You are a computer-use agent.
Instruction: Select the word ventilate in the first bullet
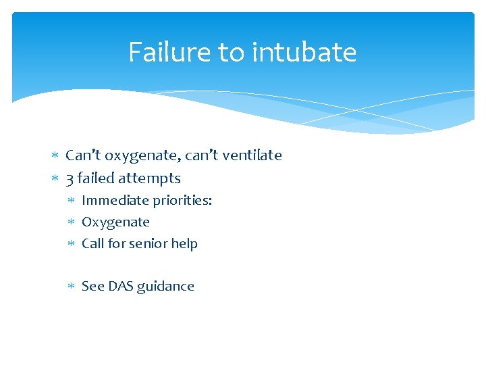click(254, 155)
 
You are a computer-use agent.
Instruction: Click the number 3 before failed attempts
click(70, 178)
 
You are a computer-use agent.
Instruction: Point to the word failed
click(95, 178)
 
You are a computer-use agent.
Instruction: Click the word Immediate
click(115, 201)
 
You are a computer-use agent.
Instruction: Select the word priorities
click(182, 201)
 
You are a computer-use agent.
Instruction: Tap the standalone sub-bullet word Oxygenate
click(115, 222)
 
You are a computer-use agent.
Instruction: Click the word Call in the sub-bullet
click(92, 243)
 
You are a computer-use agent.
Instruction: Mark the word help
click(184, 243)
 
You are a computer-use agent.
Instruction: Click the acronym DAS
click(119, 286)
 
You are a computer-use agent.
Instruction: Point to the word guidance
click(165, 287)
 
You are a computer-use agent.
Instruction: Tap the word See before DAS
click(92, 286)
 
